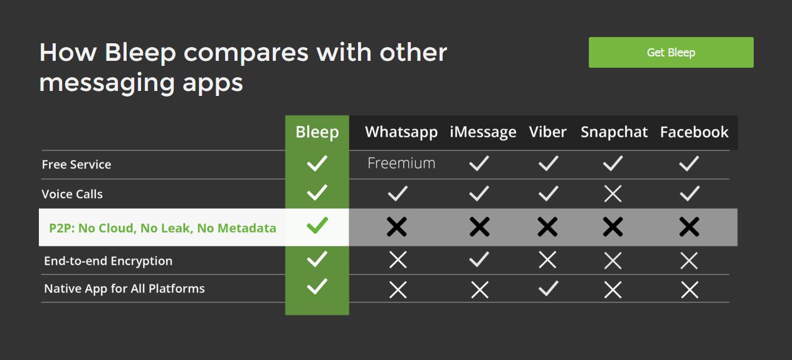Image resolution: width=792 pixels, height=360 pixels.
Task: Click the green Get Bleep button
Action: coord(671,52)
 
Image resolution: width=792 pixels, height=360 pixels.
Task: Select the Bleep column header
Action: coord(317,132)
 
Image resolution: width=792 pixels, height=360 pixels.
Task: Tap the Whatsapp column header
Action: coord(401,132)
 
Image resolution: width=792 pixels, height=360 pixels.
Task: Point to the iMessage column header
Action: coord(483,132)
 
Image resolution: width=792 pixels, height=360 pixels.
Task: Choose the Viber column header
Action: coord(547,132)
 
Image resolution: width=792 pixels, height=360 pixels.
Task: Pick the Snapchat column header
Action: coord(614,132)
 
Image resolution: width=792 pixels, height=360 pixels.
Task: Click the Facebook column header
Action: coord(694,132)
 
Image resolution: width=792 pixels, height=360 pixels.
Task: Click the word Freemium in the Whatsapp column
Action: coord(401,163)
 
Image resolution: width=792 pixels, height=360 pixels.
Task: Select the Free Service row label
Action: coord(77,164)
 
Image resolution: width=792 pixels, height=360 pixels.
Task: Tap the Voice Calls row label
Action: coord(72,194)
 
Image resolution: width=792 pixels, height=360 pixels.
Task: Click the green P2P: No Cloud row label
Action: coord(162,228)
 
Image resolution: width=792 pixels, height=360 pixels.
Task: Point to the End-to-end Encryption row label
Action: coord(108,261)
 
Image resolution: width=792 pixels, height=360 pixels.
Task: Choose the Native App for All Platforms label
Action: coord(124,289)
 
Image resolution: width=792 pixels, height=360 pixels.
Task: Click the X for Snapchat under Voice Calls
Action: coord(613,194)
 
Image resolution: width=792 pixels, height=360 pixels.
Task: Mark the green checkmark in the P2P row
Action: coord(317,225)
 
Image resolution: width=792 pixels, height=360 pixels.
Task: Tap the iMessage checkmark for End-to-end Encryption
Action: coord(479,259)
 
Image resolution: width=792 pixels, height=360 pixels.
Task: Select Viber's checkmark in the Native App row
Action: coord(549,289)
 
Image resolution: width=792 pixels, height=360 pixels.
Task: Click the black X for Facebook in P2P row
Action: coord(689,226)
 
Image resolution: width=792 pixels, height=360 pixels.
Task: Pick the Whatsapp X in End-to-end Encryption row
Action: coord(398,260)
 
